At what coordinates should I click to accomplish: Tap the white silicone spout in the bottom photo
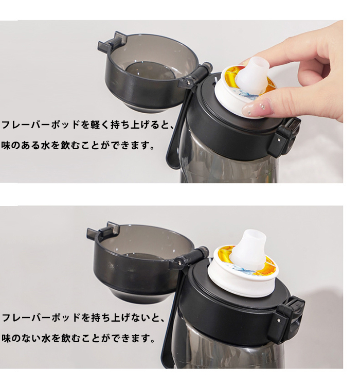pos(248,249)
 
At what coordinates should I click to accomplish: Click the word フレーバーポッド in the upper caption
pos(40,125)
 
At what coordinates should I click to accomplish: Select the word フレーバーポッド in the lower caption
pos(40,317)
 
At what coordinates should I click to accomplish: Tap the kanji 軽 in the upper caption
pos(94,125)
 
